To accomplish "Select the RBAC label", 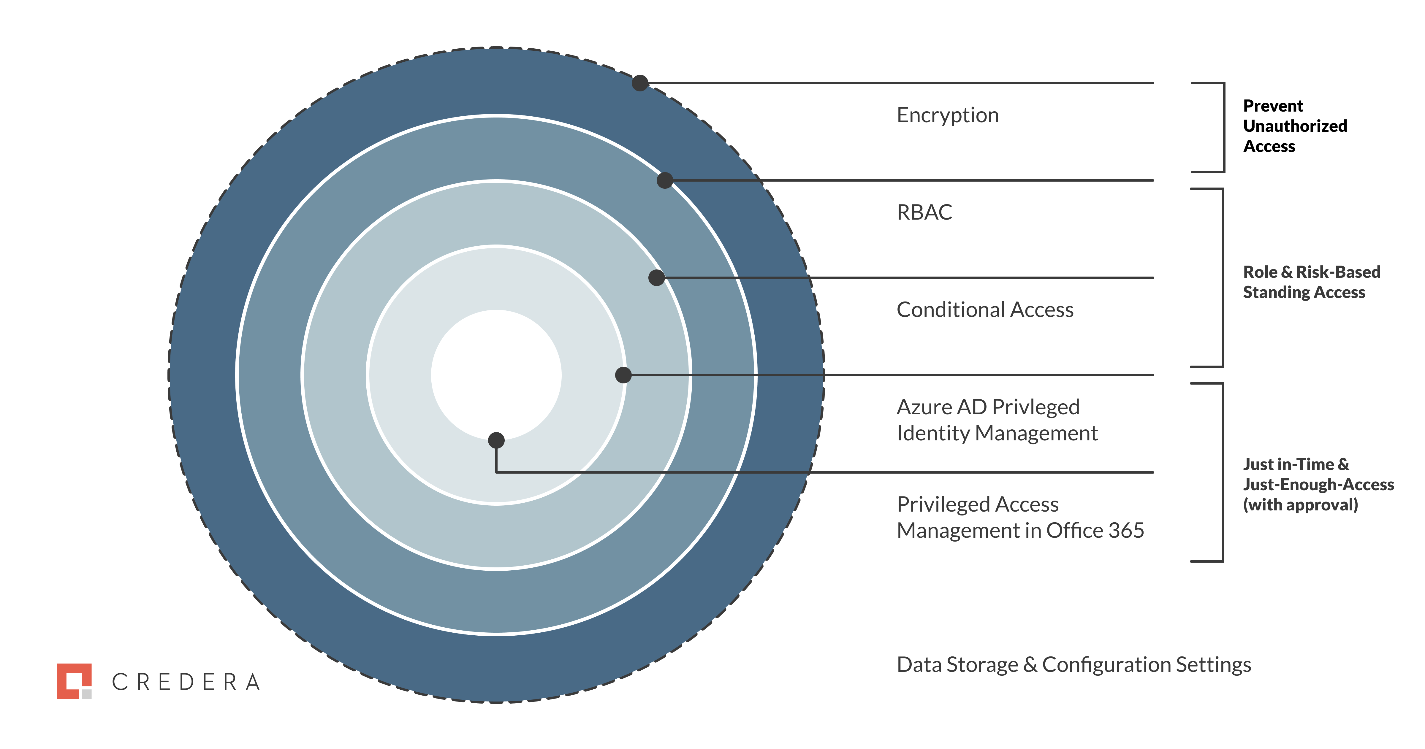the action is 924,212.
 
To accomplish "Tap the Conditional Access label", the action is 985,310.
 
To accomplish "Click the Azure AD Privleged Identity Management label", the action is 997,420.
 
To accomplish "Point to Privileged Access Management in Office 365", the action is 1020,518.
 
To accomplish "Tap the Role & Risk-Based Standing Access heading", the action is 1312,282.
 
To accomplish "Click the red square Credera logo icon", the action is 74,681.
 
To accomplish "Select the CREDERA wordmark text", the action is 186,682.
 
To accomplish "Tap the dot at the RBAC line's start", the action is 665,180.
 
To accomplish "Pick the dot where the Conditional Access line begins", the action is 657,277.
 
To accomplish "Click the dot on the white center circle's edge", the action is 496,441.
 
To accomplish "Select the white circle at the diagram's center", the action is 496,375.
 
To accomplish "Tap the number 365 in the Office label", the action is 1126,531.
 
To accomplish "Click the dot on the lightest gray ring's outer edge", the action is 623,375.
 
